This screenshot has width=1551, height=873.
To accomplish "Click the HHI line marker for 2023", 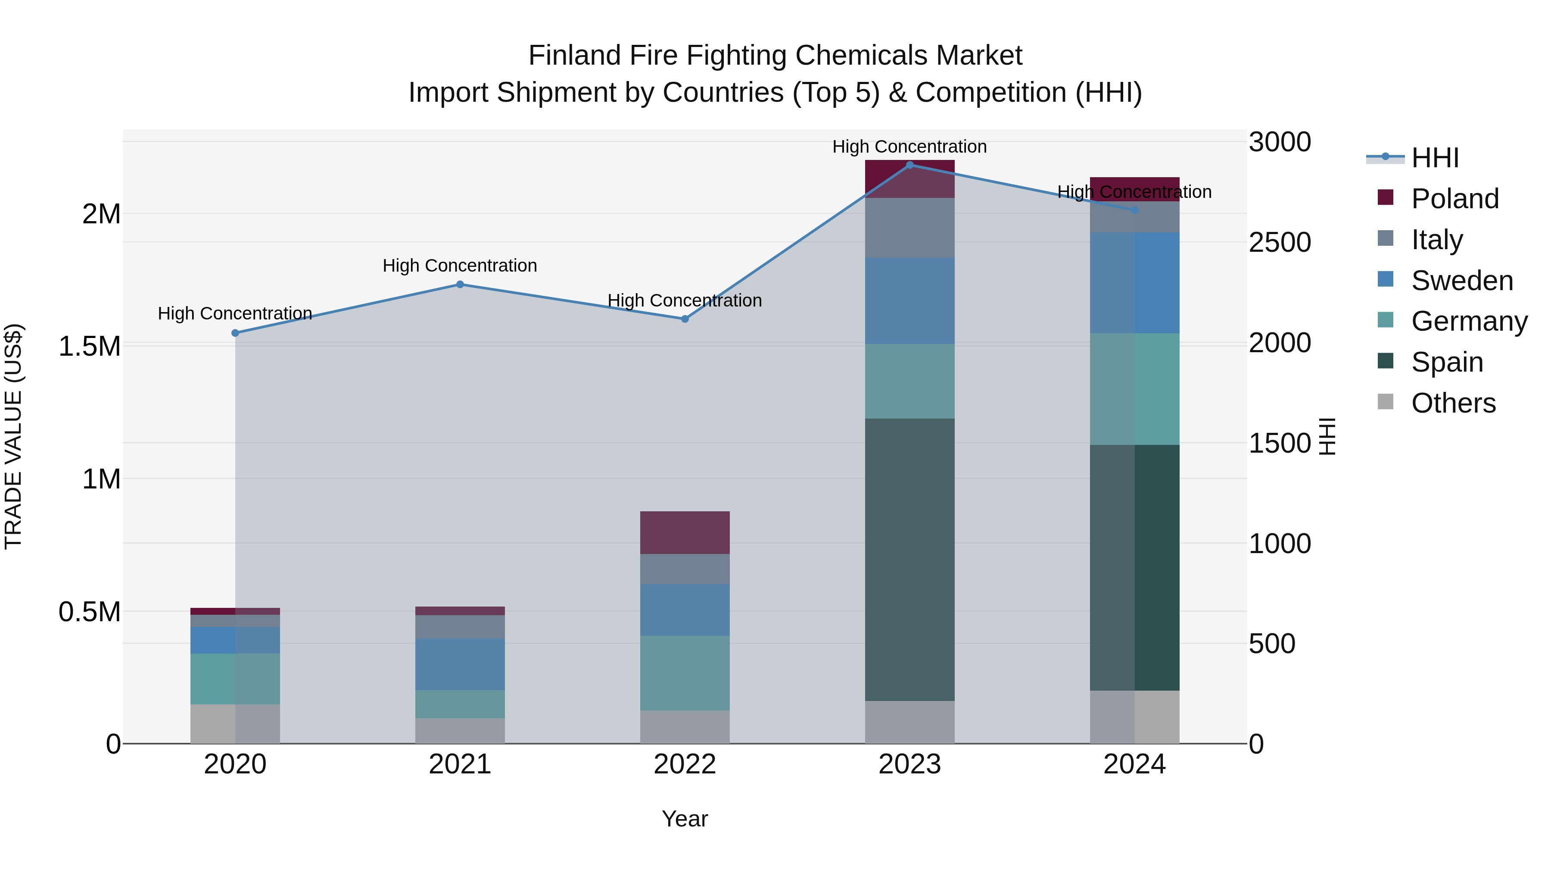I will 910,165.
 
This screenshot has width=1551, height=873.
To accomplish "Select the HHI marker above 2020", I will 235,332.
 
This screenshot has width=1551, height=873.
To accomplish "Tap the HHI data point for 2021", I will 460,285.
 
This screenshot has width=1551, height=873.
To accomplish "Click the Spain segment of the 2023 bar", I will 910,559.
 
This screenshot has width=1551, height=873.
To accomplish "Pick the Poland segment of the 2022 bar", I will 685,532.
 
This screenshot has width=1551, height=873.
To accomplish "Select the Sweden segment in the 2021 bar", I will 460,664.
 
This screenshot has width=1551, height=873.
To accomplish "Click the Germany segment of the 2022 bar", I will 685,673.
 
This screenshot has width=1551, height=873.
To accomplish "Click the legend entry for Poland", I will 1454,199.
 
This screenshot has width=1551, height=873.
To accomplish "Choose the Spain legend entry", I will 1446,362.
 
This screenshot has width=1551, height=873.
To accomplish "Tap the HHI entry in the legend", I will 1434,158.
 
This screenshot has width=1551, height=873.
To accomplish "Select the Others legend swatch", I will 1386,402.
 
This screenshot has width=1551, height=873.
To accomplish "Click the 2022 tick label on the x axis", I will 685,764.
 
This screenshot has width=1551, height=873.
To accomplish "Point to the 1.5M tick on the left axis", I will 89,347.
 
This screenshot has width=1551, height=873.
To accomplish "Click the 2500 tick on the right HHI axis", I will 1280,242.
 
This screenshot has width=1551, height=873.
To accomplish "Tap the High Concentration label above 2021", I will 460,266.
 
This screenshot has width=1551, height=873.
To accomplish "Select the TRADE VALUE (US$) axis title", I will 13,436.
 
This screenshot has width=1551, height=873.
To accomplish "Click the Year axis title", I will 685,819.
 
